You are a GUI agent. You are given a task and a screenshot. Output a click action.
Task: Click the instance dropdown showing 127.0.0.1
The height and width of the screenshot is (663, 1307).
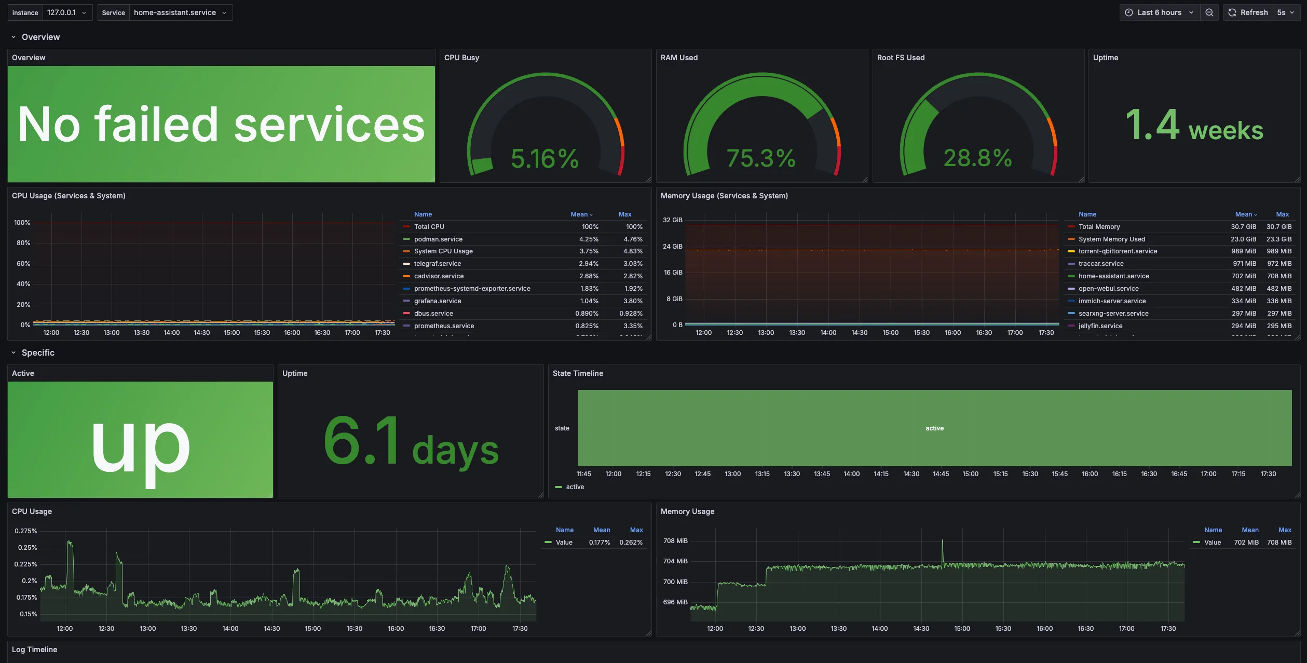66,12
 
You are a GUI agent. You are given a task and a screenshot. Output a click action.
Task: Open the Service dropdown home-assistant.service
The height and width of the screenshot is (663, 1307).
180,12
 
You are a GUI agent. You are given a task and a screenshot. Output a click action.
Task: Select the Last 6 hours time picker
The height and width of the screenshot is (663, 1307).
1159,12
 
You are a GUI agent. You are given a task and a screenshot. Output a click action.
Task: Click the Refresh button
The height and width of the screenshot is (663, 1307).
1248,12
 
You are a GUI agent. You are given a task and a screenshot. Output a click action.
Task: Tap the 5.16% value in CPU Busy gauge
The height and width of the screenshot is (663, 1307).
544,158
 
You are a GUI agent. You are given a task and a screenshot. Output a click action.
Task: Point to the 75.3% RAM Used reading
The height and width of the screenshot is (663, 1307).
760,158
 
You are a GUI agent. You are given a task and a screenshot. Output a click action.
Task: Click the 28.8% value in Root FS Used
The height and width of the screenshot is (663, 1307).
977,158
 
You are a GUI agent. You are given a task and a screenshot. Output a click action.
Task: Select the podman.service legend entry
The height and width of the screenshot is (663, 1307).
438,239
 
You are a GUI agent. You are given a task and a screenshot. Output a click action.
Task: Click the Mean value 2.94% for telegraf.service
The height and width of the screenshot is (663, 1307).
589,264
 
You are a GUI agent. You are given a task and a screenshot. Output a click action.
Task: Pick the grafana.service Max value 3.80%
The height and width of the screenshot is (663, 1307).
633,301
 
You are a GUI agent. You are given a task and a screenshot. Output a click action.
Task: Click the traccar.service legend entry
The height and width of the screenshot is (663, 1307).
1101,264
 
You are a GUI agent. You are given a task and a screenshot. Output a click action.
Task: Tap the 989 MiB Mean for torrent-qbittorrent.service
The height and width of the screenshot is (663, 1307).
1244,251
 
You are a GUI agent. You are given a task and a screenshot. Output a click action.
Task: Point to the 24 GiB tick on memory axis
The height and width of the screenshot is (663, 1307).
672,247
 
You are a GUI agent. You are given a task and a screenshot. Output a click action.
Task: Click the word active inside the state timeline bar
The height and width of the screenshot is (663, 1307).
934,428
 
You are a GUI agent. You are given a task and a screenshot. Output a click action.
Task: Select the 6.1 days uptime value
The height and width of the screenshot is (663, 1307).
411,441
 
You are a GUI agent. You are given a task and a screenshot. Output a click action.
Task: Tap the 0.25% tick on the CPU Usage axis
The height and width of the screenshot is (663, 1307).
27,548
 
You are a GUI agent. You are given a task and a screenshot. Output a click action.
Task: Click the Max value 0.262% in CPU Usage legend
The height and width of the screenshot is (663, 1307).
631,543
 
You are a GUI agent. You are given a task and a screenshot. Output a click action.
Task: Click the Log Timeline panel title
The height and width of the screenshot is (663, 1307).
34,650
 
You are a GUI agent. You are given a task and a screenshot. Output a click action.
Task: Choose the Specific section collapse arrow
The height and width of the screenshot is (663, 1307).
13,353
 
